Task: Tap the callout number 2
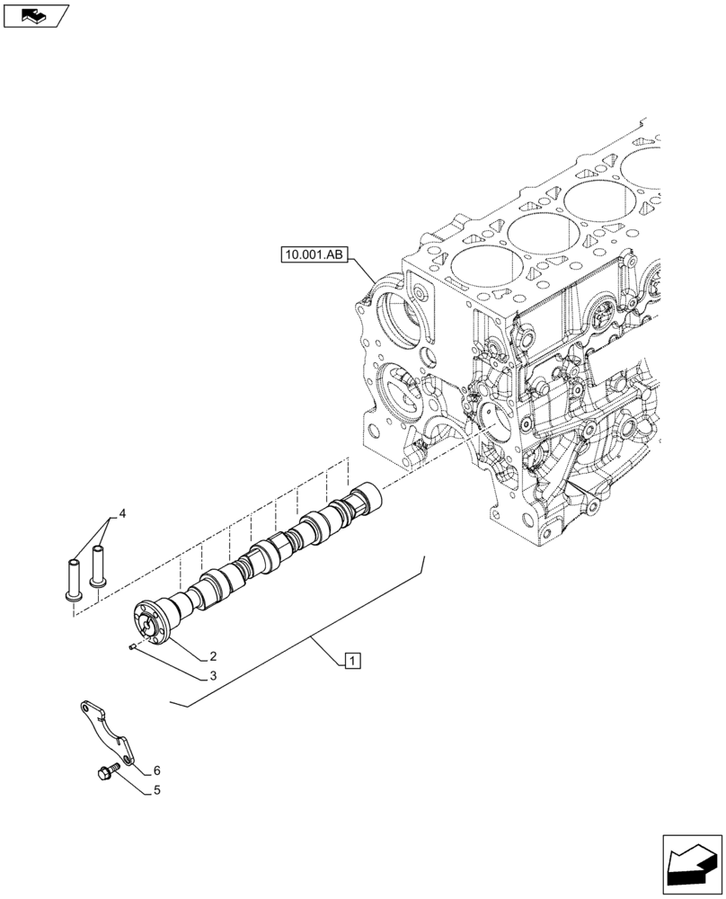click(213, 656)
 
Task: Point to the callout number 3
click(213, 676)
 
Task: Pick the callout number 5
click(157, 792)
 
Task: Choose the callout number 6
click(156, 770)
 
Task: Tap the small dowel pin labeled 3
click(133, 645)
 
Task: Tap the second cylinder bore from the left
click(543, 231)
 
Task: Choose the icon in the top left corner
click(35, 14)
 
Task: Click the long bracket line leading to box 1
click(305, 636)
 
